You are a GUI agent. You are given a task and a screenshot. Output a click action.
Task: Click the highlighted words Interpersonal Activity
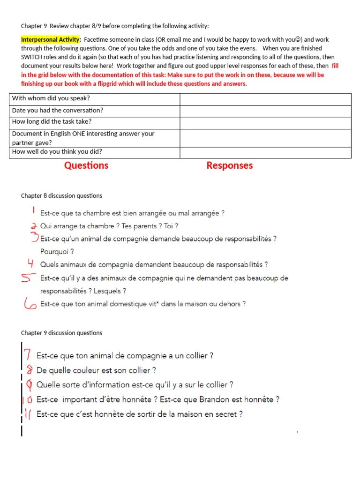[x=51, y=39]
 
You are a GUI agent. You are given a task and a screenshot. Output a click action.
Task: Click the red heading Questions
[x=86, y=165]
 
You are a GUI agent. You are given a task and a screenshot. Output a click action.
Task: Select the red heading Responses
[x=229, y=165]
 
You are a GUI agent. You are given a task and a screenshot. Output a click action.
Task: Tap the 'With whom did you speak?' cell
[x=94, y=99]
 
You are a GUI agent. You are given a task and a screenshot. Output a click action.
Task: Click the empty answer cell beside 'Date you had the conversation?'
[x=265, y=111]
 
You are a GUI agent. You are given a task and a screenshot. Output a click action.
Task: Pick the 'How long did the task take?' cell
[x=94, y=122]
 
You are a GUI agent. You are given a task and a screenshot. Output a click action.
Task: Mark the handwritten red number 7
[x=28, y=356]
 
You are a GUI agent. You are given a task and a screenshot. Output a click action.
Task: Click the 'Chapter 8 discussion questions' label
[x=61, y=195]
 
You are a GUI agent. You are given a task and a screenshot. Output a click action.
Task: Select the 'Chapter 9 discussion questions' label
[x=61, y=333]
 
